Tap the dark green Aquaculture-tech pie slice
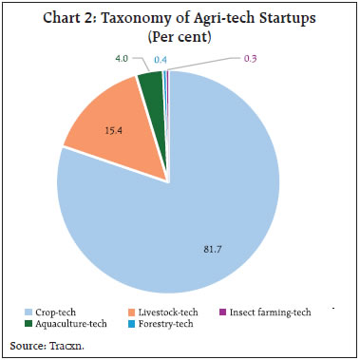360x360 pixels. click(x=149, y=87)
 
